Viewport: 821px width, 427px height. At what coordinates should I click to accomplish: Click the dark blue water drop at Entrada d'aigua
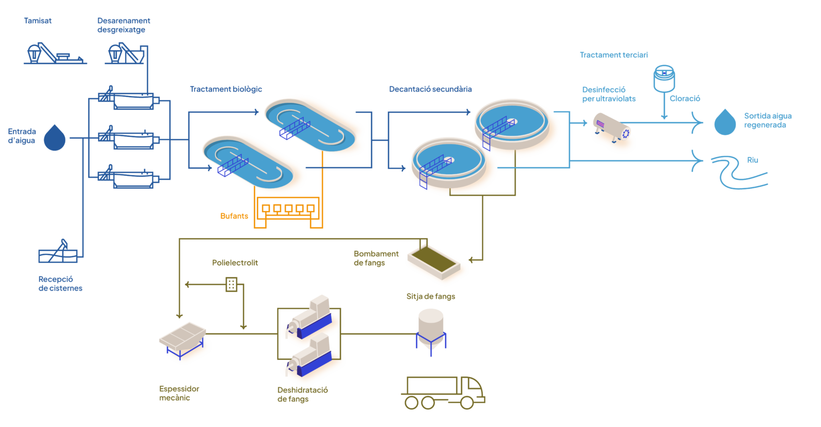tap(55, 138)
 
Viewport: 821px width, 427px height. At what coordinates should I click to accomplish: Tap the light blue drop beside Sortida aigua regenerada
tap(725, 123)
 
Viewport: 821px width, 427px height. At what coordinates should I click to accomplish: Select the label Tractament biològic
tap(226, 89)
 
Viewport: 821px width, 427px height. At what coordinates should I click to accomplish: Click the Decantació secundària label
tap(431, 89)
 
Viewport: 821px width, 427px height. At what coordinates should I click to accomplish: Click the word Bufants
tap(234, 216)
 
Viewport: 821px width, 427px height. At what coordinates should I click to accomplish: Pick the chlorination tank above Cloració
tap(664, 78)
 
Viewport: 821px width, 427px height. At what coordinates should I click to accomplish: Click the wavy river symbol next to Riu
tap(738, 172)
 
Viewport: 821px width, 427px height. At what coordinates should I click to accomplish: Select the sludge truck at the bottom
tap(443, 393)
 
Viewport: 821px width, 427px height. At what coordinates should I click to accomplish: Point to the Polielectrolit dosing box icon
tap(231, 284)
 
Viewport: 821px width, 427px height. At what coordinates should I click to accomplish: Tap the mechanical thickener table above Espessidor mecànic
tap(183, 336)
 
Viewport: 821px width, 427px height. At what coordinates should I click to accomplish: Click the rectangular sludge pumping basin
tap(434, 261)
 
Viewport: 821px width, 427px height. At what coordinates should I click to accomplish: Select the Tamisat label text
tap(38, 21)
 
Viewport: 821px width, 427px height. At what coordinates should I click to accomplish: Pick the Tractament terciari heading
tap(614, 55)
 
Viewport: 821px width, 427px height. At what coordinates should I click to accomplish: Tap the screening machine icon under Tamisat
tap(53, 54)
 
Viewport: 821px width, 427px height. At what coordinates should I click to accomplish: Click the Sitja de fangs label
tap(431, 297)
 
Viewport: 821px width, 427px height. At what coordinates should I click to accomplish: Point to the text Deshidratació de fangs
tap(302, 395)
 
